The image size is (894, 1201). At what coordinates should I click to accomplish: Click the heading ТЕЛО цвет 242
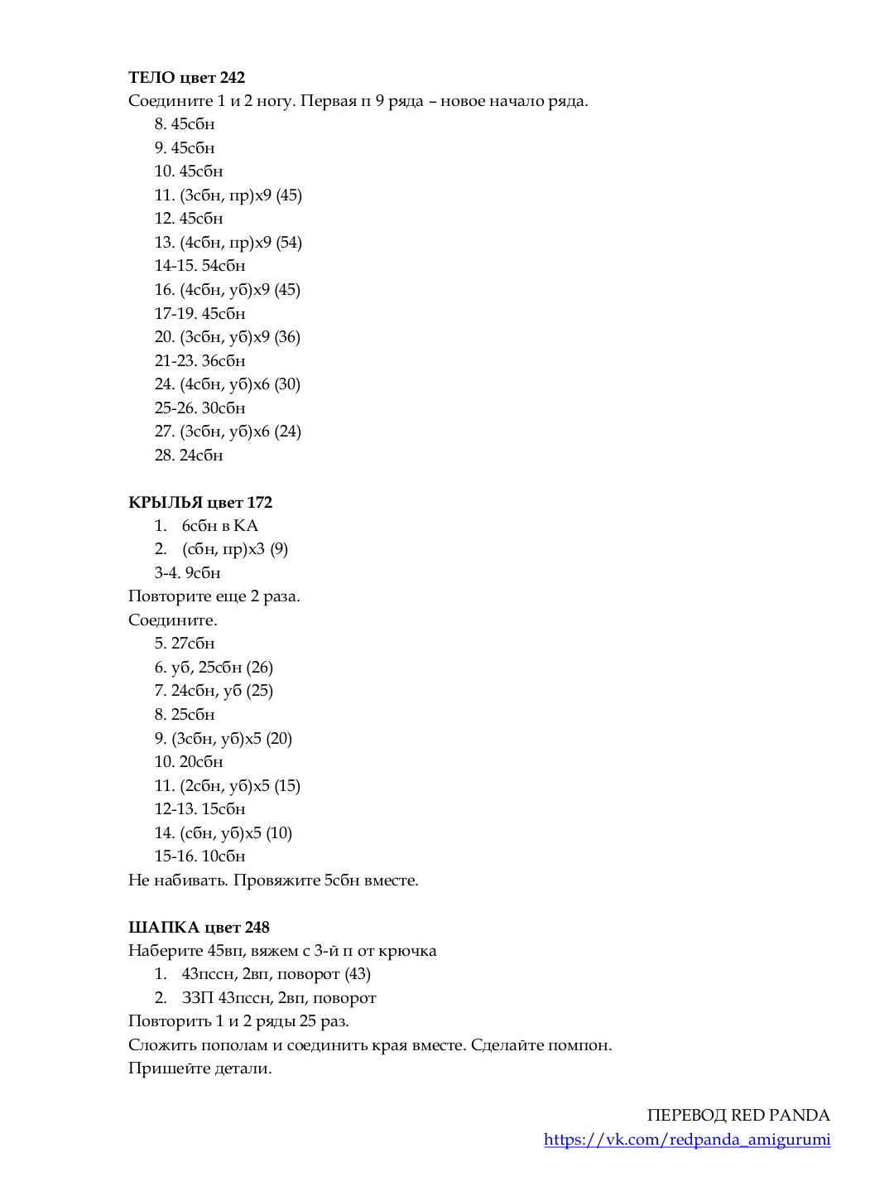click(x=186, y=77)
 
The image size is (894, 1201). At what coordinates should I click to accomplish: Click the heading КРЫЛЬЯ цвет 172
click(x=199, y=502)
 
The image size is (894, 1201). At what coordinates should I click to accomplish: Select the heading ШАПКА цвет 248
click(x=199, y=927)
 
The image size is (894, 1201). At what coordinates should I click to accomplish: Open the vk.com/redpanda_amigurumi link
click(x=687, y=1139)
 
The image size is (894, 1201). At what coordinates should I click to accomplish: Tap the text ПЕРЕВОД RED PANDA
click(x=738, y=1115)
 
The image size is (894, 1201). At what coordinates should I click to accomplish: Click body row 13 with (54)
click(x=228, y=242)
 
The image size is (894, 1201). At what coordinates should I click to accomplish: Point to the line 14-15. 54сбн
click(x=199, y=266)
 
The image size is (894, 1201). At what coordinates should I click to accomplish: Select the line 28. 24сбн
click(x=189, y=455)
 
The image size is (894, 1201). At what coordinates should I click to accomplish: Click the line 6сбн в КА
click(x=219, y=525)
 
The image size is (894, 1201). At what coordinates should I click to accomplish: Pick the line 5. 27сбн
click(x=185, y=643)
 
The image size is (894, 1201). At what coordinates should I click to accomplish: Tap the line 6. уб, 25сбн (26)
click(x=214, y=667)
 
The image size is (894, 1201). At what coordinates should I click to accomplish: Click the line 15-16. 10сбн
click(x=199, y=856)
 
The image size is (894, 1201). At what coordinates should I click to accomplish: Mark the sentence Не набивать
click(x=177, y=880)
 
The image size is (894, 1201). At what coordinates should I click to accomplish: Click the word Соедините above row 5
click(x=172, y=620)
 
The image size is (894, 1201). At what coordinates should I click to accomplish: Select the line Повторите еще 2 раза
click(x=214, y=596)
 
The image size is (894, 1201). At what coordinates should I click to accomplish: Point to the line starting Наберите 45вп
click(x=281, y=950)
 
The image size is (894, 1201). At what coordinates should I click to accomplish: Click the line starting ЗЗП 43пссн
click(x=278, y=997)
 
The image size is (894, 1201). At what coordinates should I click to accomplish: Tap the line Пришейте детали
click(x=199, y=1068)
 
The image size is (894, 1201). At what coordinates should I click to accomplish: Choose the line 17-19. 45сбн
click(x=199, y=313)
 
